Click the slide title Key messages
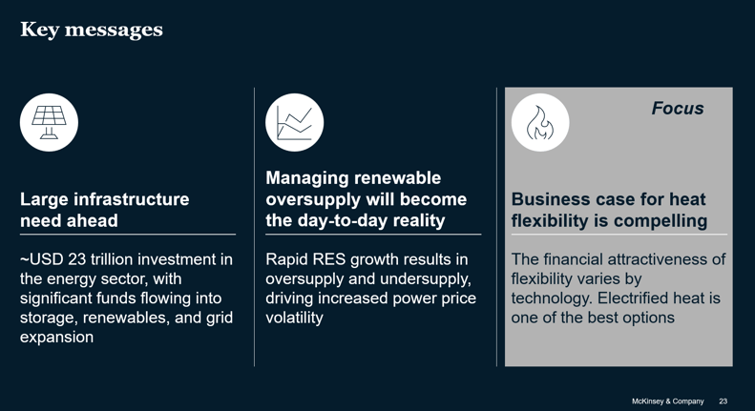(x=92, y=30)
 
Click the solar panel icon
(x=49, y=122)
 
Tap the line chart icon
(x=294, y=123)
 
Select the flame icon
(x=540, y=122)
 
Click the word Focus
(x=678, y=109)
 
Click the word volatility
(x=294, y=318)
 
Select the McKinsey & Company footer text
(x=667, y=401)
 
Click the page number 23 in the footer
(x=724, y=401)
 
